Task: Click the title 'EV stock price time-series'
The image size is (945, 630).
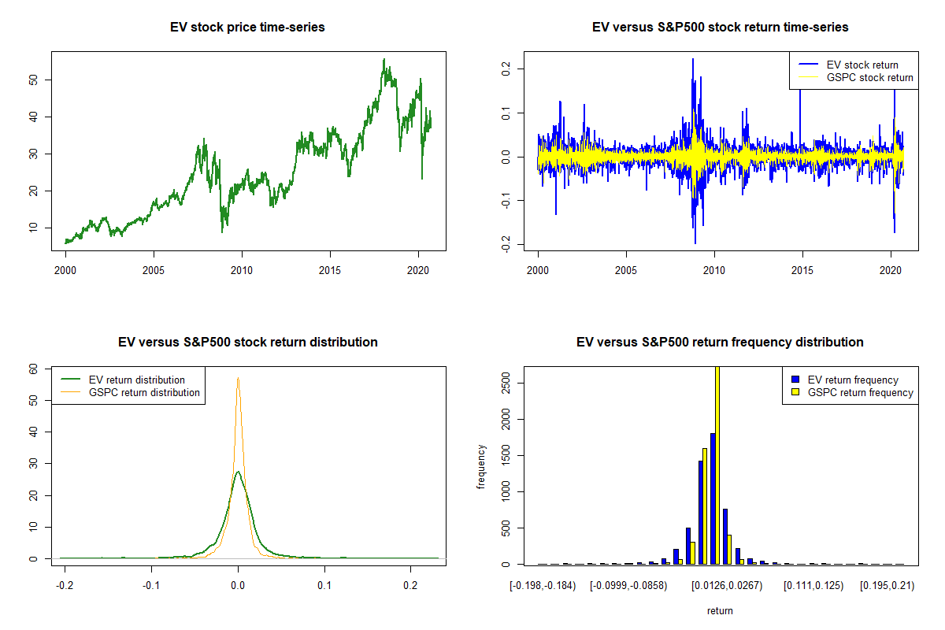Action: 247,28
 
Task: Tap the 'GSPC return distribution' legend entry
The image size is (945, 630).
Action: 144,392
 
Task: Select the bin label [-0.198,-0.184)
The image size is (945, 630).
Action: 544,587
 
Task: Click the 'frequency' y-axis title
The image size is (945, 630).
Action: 482,466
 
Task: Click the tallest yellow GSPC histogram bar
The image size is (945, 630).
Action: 717,465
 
